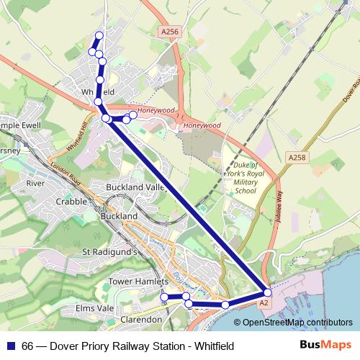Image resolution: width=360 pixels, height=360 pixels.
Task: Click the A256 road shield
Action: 169,32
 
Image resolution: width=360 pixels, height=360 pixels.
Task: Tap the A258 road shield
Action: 296,158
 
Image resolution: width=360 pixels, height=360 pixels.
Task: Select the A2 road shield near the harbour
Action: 264,304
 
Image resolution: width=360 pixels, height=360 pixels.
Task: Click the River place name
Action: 35,184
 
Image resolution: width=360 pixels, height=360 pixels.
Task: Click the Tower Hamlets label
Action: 138,281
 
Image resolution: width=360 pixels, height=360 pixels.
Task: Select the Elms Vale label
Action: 95,308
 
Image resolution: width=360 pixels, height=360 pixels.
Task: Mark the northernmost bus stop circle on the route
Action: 99,36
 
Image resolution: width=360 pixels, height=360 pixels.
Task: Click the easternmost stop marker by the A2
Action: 268,292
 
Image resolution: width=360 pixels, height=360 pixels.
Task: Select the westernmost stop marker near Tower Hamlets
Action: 164,297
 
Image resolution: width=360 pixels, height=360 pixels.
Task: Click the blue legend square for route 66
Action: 10,346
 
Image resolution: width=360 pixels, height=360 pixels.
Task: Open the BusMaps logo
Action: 325,345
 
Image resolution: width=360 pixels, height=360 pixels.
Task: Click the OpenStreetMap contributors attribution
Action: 297,323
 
